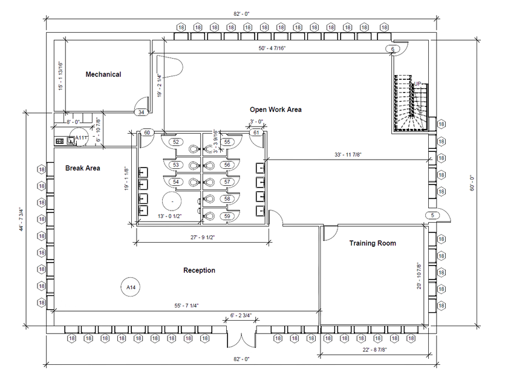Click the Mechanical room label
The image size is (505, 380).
pos(103,74)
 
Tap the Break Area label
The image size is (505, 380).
pos(83,168)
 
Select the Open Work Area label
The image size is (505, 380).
pos(275,110)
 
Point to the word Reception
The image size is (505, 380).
pos(199,270)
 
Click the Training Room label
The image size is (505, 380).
pos(373,243)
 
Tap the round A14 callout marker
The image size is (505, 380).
pos(129,285)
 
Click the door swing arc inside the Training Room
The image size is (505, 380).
pos(331,233)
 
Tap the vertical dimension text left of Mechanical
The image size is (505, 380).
pos(60,76)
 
